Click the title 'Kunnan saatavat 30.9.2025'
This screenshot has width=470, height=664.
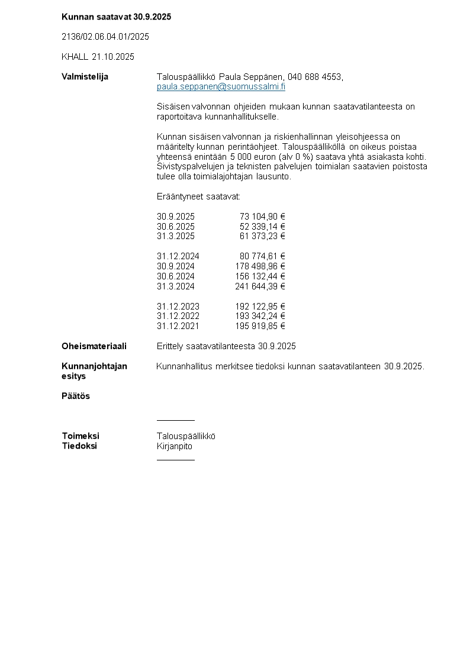(116, 17)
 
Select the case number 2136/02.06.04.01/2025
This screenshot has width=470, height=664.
(105, 37)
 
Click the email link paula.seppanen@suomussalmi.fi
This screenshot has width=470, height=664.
(221, 86)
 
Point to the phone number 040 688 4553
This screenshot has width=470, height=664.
(315, 77)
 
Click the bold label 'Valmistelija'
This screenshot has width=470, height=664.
(85, 77)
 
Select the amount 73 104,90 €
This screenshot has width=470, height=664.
(262, 217)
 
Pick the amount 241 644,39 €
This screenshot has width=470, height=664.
(260, 286)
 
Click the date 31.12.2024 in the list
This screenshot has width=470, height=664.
(178, 256)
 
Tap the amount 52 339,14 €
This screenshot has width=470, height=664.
(262, 227)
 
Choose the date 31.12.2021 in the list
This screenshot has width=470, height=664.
(178, 326)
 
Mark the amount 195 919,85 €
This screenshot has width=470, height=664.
(260, 326)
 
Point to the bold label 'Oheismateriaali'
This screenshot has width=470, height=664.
(94, 346)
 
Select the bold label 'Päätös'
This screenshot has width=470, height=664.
(76, 396)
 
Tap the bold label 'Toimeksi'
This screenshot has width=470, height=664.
(81, 436)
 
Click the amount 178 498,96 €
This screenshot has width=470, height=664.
(260, 266)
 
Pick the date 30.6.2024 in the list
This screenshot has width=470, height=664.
(175, 276)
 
